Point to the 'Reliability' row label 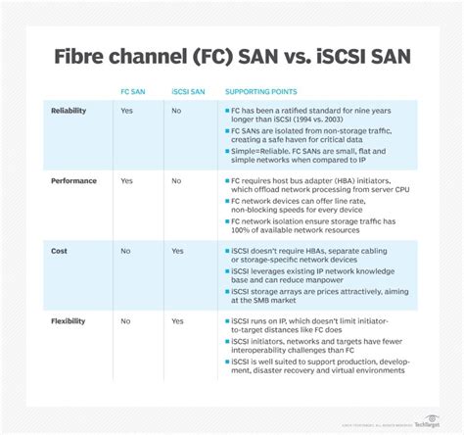tap(68, 112)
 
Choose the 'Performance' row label tap(71, 181)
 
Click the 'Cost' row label tap(59, 251)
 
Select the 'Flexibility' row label tap(69, 320)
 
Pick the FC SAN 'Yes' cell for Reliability tap(126, 112)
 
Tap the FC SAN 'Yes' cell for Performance tap(126, 181)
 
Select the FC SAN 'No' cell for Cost tap(125, 251)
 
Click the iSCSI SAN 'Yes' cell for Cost tap(177, 251)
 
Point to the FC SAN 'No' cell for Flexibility tap(125, 320)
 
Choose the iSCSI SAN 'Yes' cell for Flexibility tap(177, 320)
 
